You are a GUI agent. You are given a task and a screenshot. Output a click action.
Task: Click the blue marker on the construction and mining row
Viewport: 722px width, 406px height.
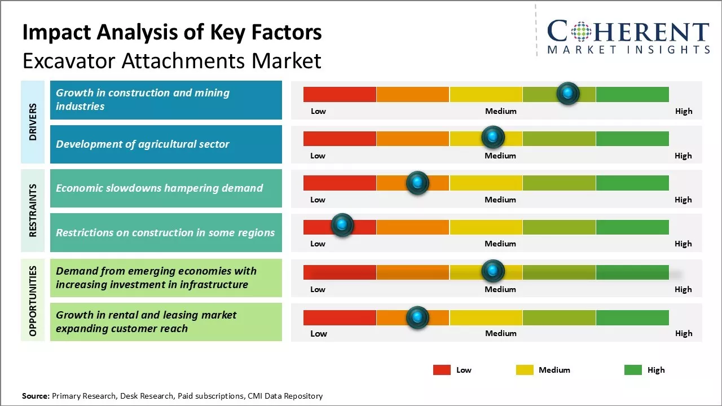point(568,93)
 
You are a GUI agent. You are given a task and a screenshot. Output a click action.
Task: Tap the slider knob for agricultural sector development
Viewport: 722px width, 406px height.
point(493,137)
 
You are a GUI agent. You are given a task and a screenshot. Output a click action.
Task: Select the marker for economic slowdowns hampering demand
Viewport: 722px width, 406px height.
point(417,183)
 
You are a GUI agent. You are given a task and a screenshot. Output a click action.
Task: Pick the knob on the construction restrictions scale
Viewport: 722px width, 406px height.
point(342,225)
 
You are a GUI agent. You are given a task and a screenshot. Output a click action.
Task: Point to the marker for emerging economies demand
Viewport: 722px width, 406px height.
point(493,271)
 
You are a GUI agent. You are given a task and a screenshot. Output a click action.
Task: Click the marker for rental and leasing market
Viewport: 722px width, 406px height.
point(417,317)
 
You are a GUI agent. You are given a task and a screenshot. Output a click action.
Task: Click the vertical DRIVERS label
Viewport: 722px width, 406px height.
point(33,122)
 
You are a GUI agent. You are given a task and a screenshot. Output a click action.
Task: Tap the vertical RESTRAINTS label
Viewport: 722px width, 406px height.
point(33,210)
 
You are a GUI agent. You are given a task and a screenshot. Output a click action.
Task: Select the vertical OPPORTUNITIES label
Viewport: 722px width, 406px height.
point(33,301)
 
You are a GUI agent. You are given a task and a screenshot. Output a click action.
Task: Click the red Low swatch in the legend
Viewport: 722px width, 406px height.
point(442,370)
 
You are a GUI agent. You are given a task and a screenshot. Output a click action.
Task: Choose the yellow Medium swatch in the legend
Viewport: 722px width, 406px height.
point(525,370)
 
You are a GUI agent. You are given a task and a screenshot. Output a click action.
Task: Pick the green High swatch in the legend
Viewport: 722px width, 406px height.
point(633,370)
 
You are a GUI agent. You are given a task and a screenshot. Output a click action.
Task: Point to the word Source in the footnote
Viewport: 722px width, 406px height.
point(36,396)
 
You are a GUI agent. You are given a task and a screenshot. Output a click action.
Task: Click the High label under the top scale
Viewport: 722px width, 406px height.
point(684,111)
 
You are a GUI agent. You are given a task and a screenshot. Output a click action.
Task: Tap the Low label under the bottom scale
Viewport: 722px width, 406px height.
point(319,333)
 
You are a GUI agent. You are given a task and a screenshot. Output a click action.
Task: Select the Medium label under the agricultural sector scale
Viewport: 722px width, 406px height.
point(500,156)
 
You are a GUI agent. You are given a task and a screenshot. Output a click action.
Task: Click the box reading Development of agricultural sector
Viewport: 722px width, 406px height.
point(166,144)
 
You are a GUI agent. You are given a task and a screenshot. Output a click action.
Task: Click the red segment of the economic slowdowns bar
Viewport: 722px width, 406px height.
point(340,183)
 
